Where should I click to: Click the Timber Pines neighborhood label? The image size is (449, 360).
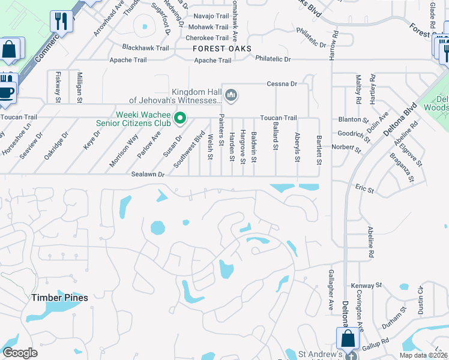click(x=60, y=298)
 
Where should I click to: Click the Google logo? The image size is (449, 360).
click(x=20, y=352)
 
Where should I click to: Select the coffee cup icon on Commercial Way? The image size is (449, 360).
click(x=7, y=92)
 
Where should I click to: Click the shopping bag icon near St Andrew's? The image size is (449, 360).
click(x=348, y=338)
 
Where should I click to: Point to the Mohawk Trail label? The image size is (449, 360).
click(x=209, y=27)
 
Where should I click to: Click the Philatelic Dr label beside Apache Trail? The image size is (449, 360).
click(x=273, y=59)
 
